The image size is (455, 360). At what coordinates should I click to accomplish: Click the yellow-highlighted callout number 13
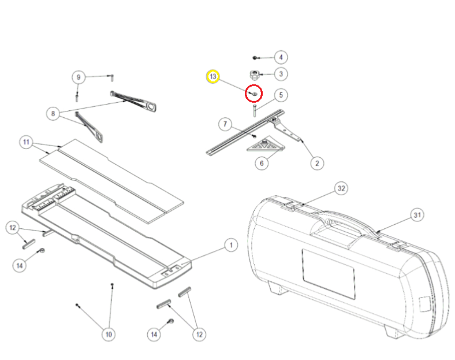click(213, 76)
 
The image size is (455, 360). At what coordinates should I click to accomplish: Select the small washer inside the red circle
click(253, 92)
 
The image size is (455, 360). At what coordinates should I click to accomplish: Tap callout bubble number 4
click(280, 57)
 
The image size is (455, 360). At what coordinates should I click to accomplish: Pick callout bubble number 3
click(280, 74)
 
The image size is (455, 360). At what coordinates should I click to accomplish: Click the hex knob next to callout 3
click(253, 75)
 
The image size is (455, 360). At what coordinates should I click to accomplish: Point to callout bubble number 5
click(280, 94)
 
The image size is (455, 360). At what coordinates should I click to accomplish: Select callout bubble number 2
click(316, 164)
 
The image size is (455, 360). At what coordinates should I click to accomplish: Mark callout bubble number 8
click(53, 114)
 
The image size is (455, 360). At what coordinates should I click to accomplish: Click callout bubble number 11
click(26, 142)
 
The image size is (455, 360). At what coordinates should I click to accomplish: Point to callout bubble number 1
click(230, 246)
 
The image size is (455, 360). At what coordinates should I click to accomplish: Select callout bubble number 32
click(341, 189)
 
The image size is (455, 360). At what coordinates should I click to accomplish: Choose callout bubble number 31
click(417, 215)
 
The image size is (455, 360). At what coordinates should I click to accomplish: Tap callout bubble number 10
click(108, 333)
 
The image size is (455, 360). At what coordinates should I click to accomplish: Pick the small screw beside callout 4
click(255, 58)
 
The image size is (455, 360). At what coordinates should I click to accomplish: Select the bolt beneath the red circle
click(253, 110)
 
